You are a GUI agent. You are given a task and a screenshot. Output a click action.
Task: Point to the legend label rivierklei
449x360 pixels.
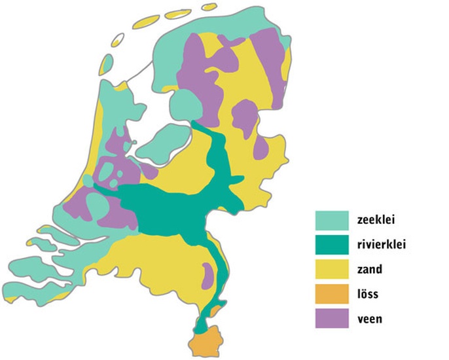point(382,245)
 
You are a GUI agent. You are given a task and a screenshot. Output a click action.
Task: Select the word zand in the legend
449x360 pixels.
point(370,270)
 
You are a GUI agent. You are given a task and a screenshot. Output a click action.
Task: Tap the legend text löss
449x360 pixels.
point(369,295)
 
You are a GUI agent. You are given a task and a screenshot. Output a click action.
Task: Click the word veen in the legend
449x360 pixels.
point(370,319)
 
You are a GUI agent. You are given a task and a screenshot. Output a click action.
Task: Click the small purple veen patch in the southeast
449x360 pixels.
point(207,274)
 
